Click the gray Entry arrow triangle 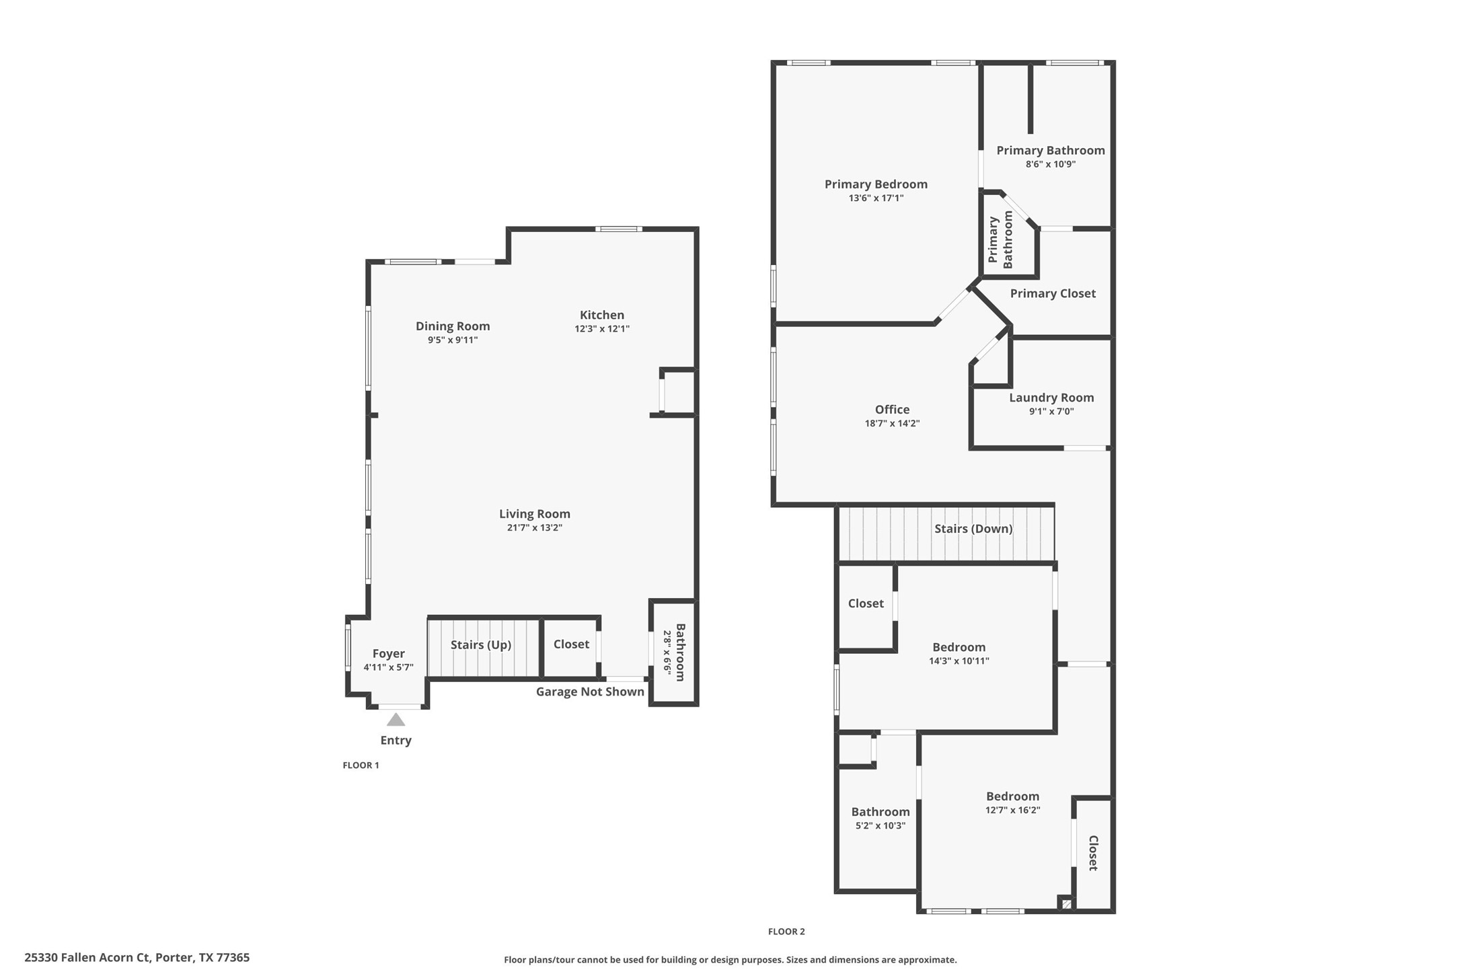click(x=396, y=720)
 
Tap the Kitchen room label click(x=602, y=315)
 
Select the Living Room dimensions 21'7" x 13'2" click(x=535, y=528)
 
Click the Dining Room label click(x=453, y=326)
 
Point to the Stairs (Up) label click(x=481, y=645)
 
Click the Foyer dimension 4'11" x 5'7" click(x=388, y=668)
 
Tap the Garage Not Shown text click(x=590, y=692)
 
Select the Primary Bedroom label click(x=876, y=184)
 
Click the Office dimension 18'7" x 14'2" click(x=892, y=424)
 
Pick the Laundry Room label click(x=1051, y=398)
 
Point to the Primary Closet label click(x=1053, y=293)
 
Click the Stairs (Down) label click(x=973, y=529)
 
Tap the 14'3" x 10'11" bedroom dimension click(x=959, y=661)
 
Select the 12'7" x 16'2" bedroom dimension click(x=1012, y=811)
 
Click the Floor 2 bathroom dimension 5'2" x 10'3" click(x=881, y=826)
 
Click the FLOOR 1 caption click(x=361, y=765)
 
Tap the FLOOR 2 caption click(x=786, y=932)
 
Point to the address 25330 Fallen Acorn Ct click(x=137, y=957)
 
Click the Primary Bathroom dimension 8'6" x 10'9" click(x=1050, y=164)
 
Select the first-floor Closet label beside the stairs click(x=571, y=644)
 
